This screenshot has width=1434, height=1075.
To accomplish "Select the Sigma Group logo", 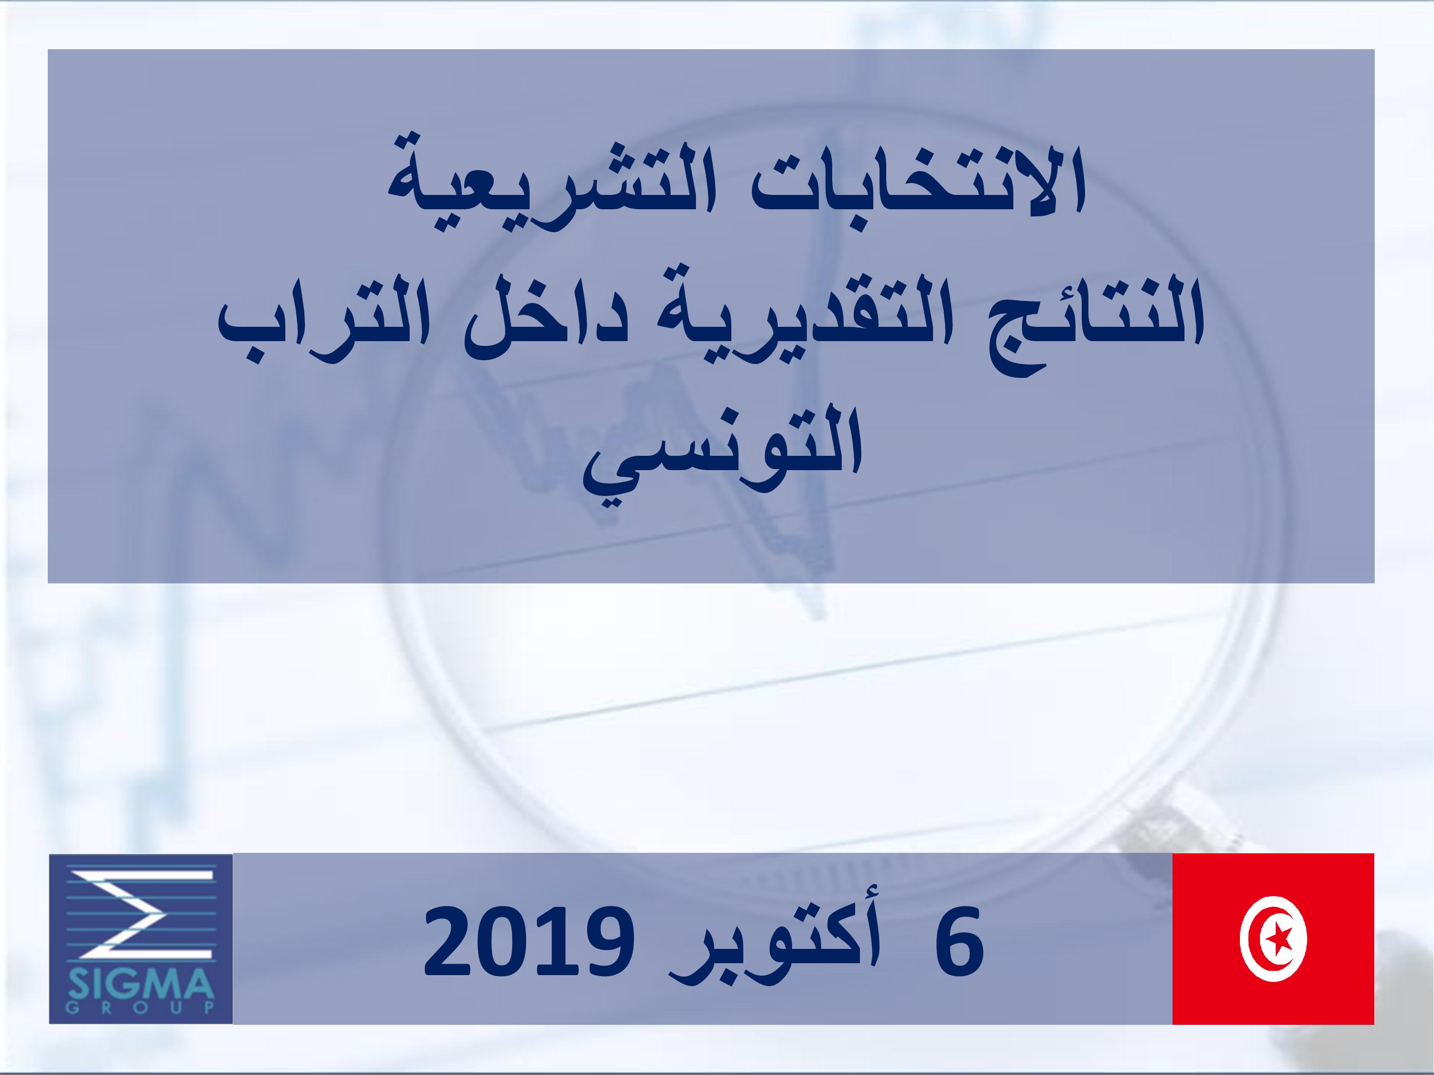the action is [x=141, y=939].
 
